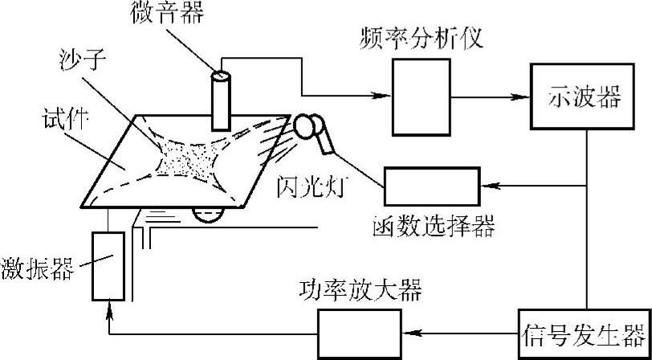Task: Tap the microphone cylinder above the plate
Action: tap(218, 100)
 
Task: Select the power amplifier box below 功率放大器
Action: tap(359, 333)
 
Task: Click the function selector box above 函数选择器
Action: tap(430, 186)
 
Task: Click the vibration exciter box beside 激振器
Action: tap(108, 264)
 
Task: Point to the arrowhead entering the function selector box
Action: tap(487, 186)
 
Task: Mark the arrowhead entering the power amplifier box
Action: tap(406, 333)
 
